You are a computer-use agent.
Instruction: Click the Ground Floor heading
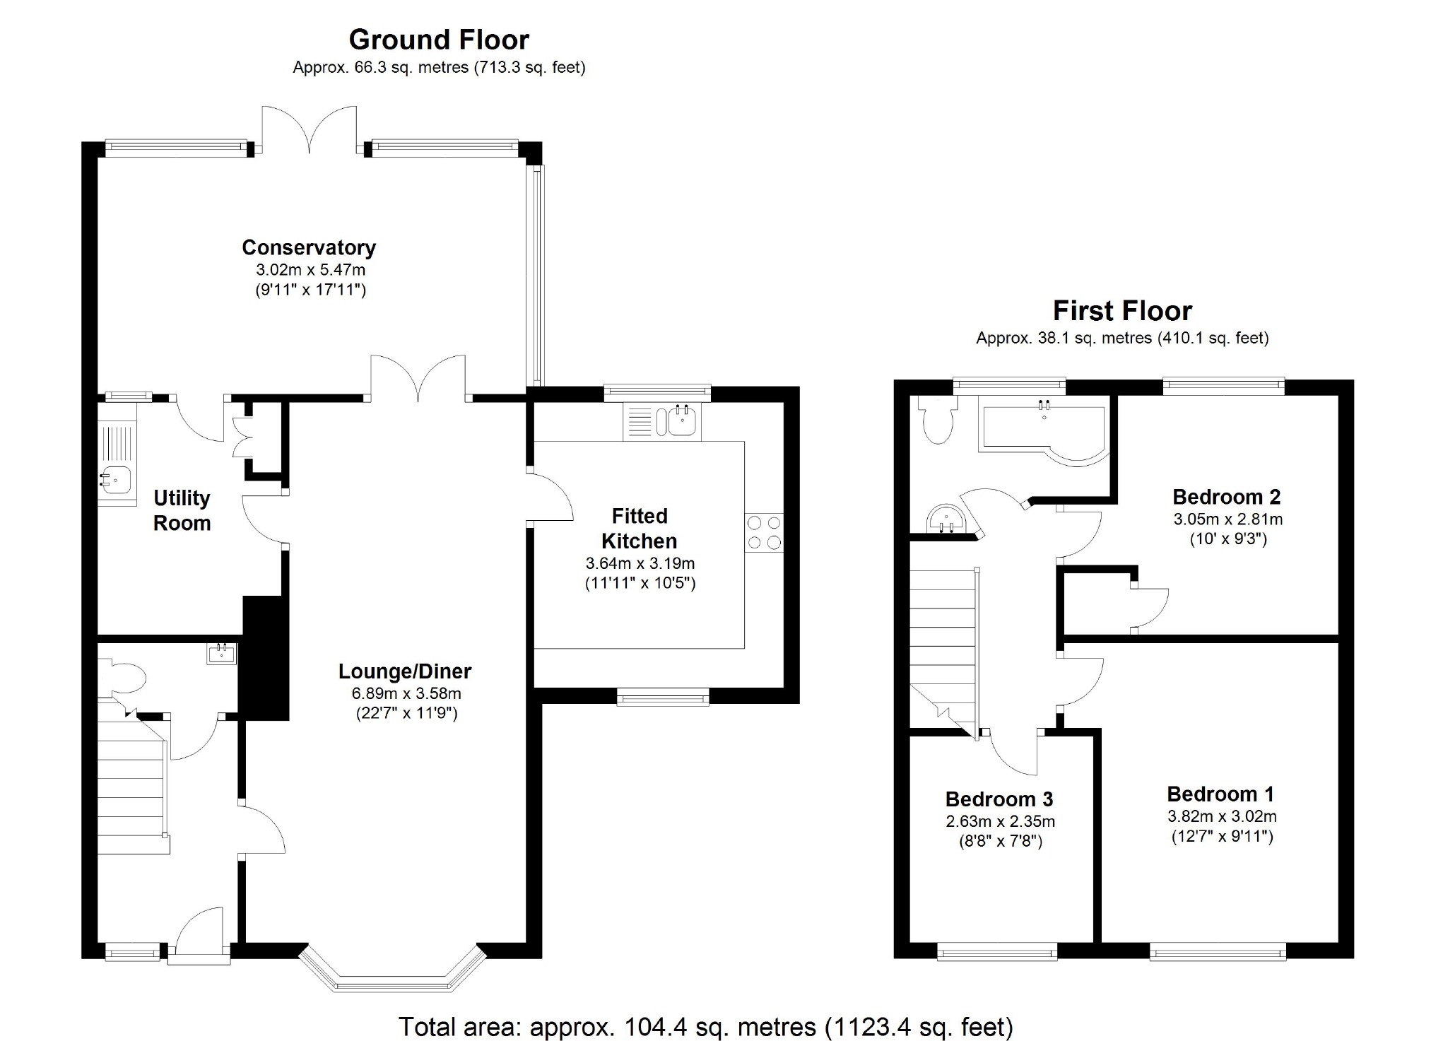click(439, 40)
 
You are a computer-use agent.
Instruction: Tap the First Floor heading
click(1122, 311)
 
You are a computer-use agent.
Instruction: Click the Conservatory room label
click(309, 247)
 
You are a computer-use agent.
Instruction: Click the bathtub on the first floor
click(1042, 430)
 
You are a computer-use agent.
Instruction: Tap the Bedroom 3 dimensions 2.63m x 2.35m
click(1000, 821)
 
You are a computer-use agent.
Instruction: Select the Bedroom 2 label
click(1227, 497)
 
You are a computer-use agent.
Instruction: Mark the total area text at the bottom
click(706, 1025)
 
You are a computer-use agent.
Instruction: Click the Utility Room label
click(182, 510)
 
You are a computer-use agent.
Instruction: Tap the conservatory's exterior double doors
click(310, 129)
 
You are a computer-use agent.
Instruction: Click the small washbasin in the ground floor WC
click(222, 654)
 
